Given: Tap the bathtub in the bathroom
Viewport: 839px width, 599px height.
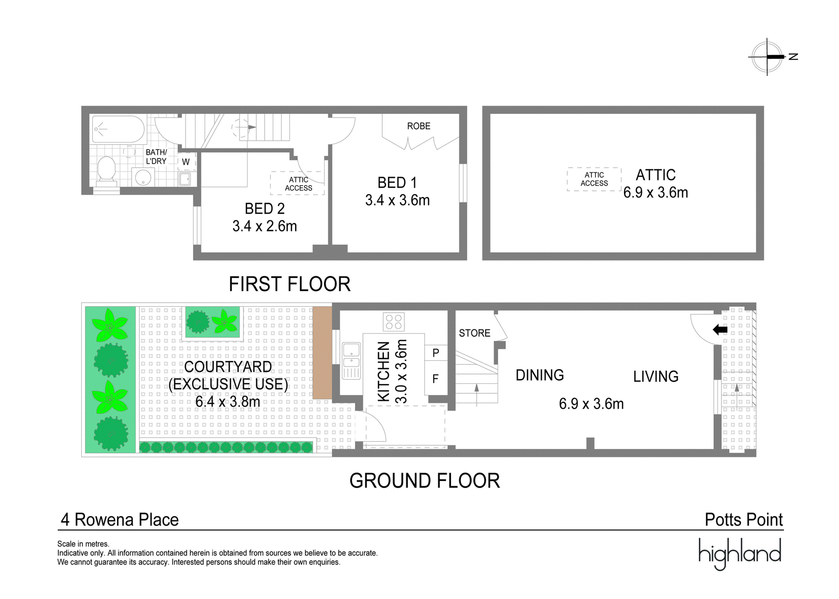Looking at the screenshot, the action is click(119, 129).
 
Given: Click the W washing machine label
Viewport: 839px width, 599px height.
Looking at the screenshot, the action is click(186, 162).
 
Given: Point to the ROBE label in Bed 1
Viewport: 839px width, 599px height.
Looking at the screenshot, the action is click(419, 126).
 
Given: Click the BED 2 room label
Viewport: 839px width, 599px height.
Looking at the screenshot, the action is click(264, 209).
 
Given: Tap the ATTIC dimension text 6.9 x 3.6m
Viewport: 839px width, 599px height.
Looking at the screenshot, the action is click(655, 192).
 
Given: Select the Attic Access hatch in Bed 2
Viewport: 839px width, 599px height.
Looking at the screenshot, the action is click(298, 184).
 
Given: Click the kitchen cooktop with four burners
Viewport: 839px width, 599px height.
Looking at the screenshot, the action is click(393, 322).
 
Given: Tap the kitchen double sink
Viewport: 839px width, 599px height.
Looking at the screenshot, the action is click(351, 361).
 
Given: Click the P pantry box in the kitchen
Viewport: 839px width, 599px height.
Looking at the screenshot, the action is click(436, 352).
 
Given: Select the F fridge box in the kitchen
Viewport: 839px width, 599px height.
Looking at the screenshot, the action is click(436, 379).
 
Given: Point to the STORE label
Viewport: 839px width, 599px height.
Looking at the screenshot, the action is click(475, 333).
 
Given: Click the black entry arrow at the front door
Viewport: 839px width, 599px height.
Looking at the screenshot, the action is click(720, 330).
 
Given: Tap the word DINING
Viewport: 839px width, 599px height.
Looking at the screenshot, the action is click(540, 375).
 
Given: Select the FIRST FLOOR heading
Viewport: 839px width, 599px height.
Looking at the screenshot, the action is click(289, 284).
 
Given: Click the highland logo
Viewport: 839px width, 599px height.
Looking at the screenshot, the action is click(740, 554).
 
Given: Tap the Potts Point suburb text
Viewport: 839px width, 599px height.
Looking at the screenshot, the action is click(744, 520).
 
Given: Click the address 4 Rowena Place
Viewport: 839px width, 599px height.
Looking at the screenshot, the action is click(120, 520).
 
